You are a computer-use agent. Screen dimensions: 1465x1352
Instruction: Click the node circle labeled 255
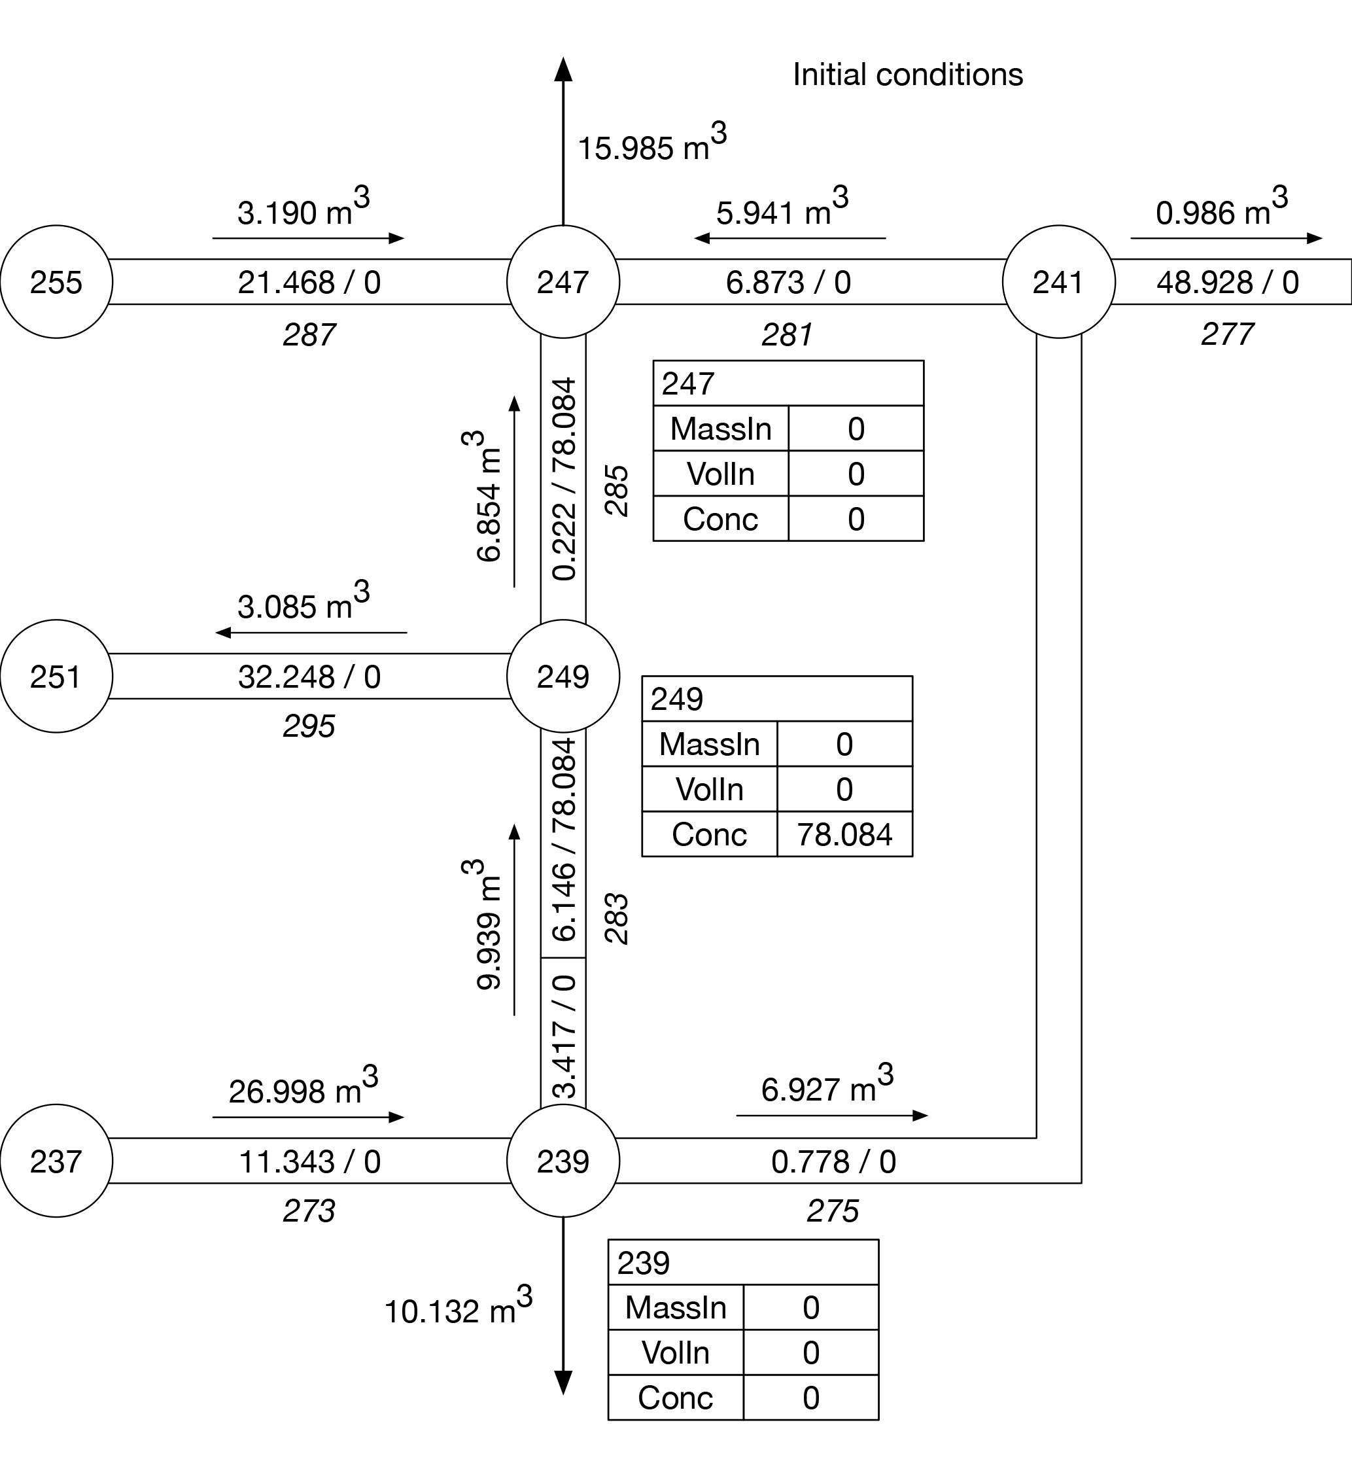pyautogui.click(x=56, y=282)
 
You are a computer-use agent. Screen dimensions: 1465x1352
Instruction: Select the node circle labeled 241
pyautogui.click(x=1058, y=282)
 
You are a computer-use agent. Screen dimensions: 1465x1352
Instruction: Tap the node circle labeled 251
pyautogui.click(x=56, y=676)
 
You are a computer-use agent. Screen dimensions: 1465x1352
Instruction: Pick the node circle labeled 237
pyautogui.click(x=56, y=1161)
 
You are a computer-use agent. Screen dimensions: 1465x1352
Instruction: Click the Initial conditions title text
pyautogui.click(x=907, y=75)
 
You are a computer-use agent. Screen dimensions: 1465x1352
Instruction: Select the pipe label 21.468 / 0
pyautogui.click(x=309, y=283)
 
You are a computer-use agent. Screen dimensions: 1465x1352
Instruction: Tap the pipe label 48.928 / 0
pyautogui.click(x=1227, y=283)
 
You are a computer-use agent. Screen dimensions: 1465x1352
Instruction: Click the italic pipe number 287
pyautogui.click(x=309, y=335)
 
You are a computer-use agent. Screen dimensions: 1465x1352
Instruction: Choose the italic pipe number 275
pyautogui.click(x=832, y=1211)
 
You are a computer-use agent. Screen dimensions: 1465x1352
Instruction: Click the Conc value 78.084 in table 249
pyautogui.click(x=844, y=835)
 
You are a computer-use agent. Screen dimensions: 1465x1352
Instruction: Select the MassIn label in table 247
pyautogui.click(x=721, y=429)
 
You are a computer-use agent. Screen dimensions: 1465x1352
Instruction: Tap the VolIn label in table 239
pyautogui.click(x=675, y=1353)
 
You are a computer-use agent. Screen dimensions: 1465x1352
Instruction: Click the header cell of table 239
pyautogui.click(x=742, y=1263)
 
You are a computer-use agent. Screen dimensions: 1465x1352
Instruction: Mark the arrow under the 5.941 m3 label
pyautogui.click(x=789, y=238)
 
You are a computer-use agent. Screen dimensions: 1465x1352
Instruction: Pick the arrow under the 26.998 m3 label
pyautogui.click(x=308, y=1118)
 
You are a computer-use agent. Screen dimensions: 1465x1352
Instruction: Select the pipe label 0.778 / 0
pyautogui.click(x=833, y=1162)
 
